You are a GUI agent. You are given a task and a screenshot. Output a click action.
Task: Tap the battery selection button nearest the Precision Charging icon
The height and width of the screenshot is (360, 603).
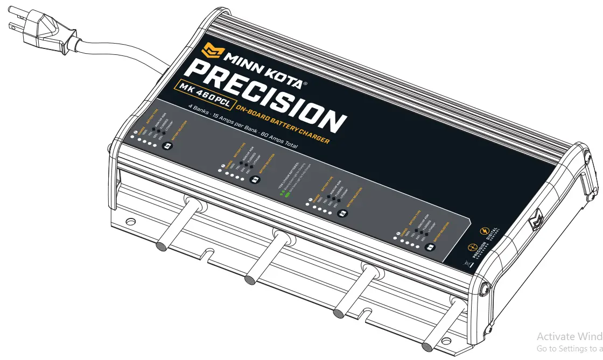pyautogui.click(x=430, y=248)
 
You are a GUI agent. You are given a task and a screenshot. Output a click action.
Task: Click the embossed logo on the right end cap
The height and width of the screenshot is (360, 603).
pyautogui.click(x=537, y=221)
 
